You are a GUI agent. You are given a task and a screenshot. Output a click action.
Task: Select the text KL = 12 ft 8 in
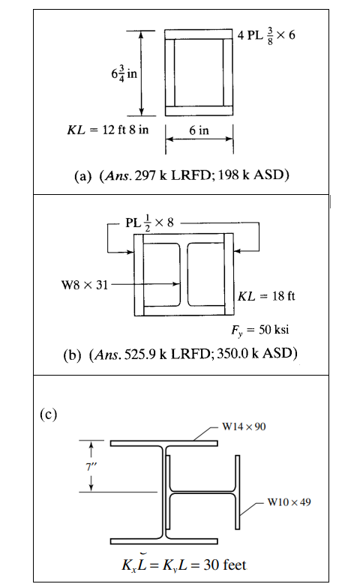[x=104, y=130]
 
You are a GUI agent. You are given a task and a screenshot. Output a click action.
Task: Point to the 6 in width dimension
[x=199, y=130]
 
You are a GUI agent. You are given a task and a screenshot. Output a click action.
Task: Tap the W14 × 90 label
[x=244, y=427]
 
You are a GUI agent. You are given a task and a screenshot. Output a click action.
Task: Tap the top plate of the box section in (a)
[x=199, y=34]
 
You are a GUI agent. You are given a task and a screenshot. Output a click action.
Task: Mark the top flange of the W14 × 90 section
[x=164, y=444]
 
